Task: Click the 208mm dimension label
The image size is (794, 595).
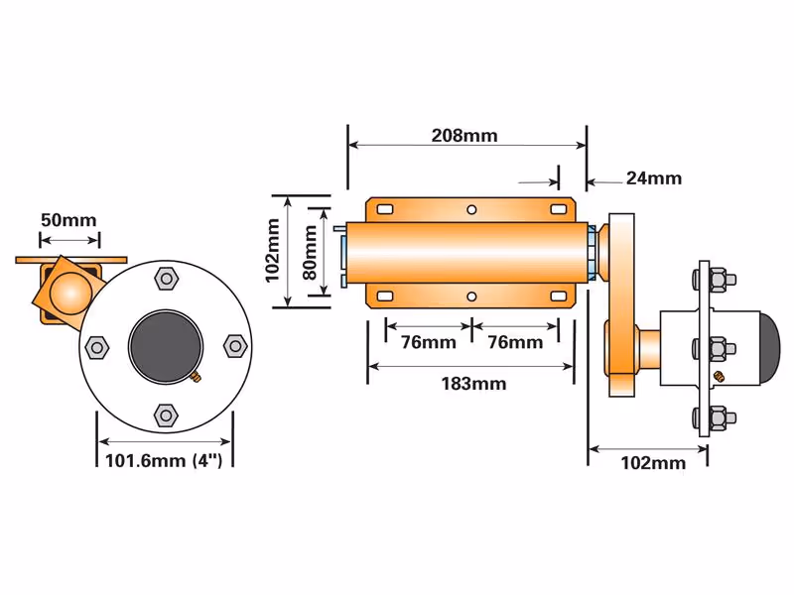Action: click(464, 136)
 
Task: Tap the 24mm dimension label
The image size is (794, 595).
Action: click(654, 178)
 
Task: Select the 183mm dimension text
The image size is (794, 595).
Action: click(473, 384)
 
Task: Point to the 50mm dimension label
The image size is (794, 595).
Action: click(68, 220)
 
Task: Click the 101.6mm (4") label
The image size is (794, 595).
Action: click(164, 460)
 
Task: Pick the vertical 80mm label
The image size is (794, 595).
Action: click(310, 252)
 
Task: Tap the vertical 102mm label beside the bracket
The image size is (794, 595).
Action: click(272, 251)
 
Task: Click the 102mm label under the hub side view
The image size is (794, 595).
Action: click(653, 463)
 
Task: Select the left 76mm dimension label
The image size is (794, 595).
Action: click(429, 342)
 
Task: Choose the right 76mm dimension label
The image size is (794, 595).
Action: click(515, 342)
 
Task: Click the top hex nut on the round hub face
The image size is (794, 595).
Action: click(166, 279)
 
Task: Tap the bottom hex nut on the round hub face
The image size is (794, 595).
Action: click(166, 416)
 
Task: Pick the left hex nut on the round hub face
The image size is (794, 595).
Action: click(96, 347)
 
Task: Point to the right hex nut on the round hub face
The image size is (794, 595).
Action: click(235, 346)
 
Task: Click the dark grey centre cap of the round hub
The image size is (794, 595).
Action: click(165, 346)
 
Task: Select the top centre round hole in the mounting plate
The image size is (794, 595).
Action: click(471, 209)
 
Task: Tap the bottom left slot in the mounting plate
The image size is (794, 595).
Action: click(385, 296)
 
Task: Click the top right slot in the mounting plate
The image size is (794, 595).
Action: click(558, 209)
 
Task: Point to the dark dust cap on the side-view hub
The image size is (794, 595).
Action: click(771, 349)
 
